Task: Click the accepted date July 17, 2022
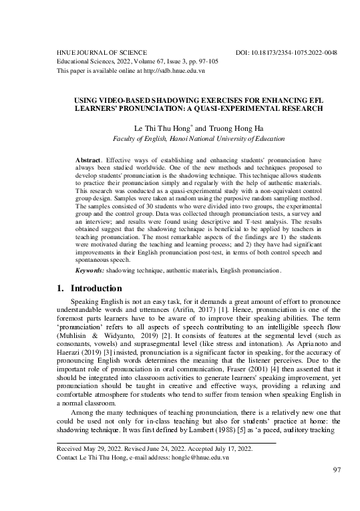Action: [229, 449]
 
